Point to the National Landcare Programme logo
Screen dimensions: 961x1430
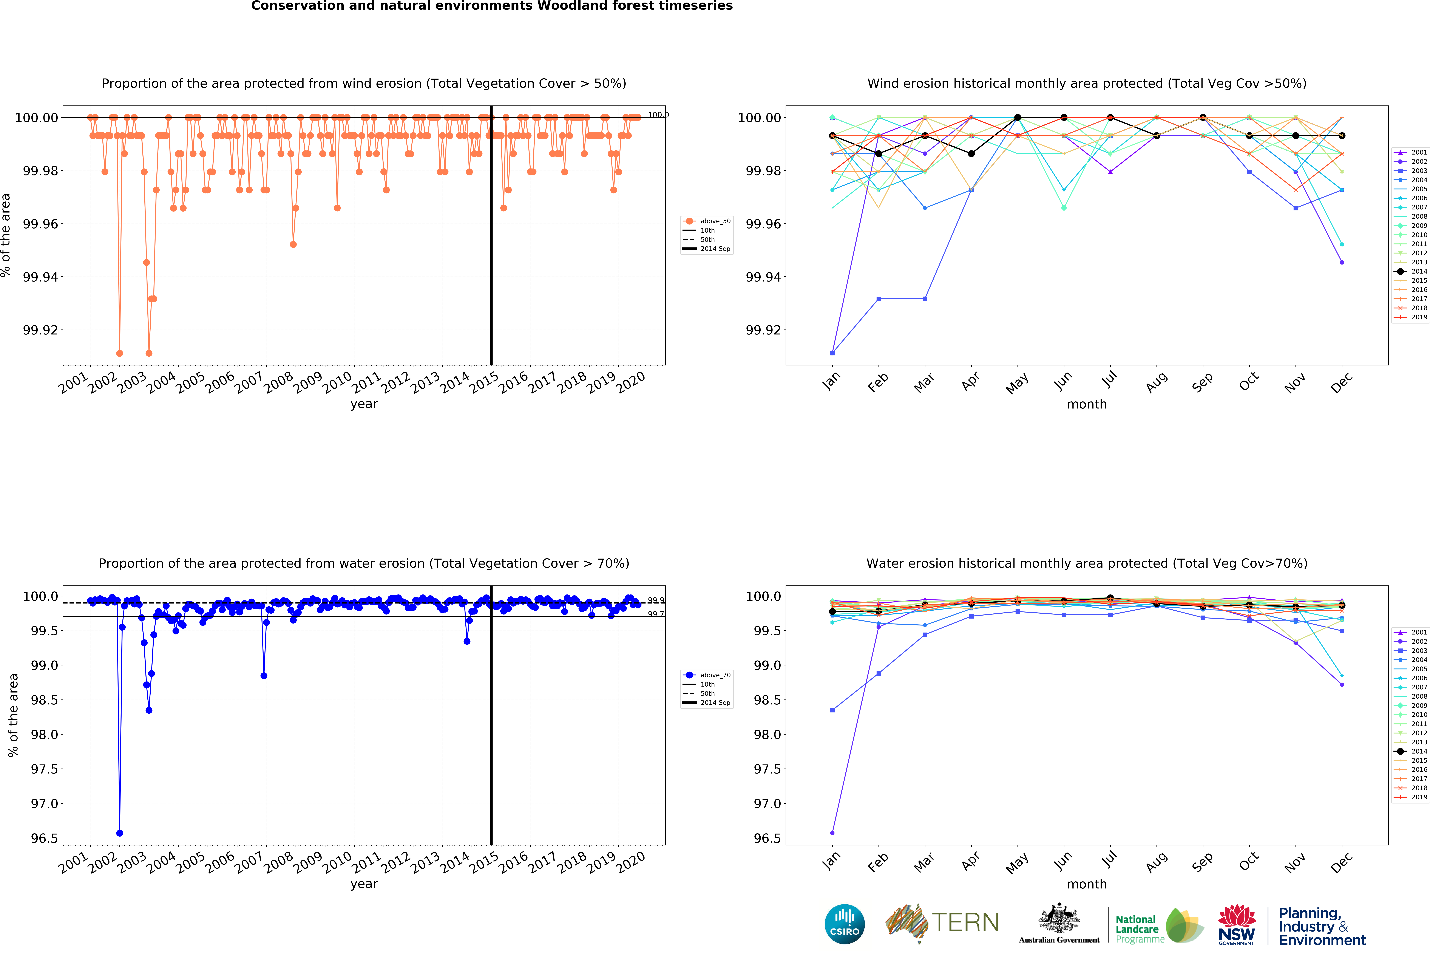point(1158,925)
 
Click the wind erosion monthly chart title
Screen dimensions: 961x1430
point(1086,83)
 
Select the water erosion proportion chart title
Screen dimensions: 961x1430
point(364,563)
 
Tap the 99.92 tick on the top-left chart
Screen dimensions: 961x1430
point(40,330)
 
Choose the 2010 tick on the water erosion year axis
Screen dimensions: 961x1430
point(337,862)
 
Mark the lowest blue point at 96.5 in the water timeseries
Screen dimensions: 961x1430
point(119,833)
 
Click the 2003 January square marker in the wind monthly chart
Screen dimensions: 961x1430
point(832,353)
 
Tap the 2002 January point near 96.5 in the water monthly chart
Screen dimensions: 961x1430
point(832,833)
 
